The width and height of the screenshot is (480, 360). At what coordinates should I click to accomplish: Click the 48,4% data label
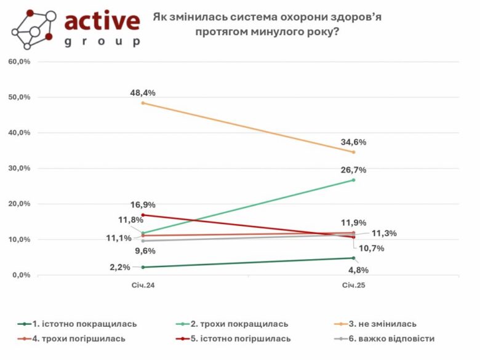143,93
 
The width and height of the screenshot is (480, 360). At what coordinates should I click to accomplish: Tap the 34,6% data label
354,142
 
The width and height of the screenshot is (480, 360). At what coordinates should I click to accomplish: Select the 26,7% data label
354,169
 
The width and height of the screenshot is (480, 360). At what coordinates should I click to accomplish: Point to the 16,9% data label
143,205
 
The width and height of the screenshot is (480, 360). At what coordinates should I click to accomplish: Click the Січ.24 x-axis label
143,286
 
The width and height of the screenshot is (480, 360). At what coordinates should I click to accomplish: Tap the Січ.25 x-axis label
353,286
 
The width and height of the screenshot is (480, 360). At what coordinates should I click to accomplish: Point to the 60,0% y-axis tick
20,62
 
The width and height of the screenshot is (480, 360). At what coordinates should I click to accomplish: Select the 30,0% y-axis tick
20,168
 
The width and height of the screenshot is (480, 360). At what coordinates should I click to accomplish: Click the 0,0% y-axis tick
22,274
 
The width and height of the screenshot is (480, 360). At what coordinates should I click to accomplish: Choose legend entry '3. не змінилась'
382,324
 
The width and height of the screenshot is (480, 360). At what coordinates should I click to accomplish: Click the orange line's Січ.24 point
143,103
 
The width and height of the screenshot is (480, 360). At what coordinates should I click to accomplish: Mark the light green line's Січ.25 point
354,180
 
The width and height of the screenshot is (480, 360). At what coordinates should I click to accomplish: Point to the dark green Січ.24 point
143,267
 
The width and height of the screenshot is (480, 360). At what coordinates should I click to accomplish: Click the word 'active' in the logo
102,22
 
